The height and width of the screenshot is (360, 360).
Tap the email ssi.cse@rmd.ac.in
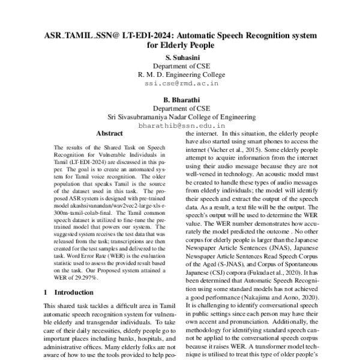[x=180, y=85]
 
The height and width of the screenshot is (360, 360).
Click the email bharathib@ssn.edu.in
[x=180, y=127]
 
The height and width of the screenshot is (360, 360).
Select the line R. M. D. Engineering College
[x=180, y=76]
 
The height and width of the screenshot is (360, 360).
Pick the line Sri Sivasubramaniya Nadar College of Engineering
[x=180, y=118]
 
